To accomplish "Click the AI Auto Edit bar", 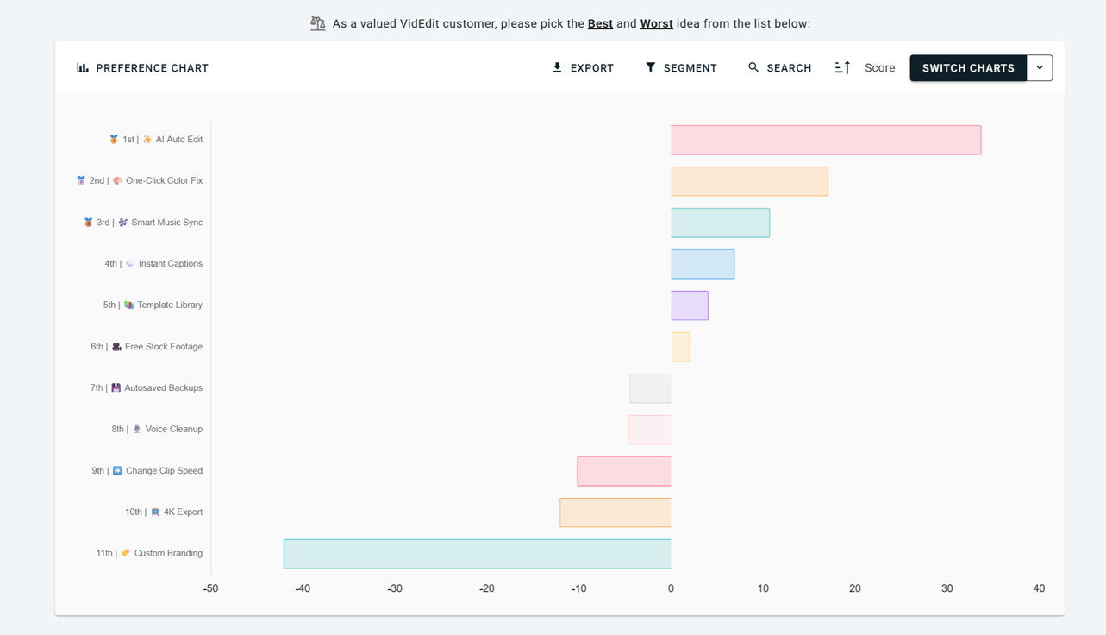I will tap(826, 140).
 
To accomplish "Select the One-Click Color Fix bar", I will tap(749, 181).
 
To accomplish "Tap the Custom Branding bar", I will tap(477, 554).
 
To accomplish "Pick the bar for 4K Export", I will tap(615, 512).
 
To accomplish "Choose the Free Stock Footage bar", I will tap(680, 347).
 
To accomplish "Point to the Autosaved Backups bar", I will tap(650, 388).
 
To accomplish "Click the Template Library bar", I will tap(690, 305).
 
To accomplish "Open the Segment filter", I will tap(681, 68).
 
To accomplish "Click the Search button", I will tap(779, 68).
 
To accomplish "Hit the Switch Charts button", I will tap(968, 68).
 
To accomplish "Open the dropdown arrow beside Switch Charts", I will tap(1040, 68).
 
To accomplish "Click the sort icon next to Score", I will tap(842, 68).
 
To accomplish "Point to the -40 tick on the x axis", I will tap(303, 588).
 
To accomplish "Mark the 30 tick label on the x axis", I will tap(947, 588).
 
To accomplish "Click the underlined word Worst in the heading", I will tap(656, 23).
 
